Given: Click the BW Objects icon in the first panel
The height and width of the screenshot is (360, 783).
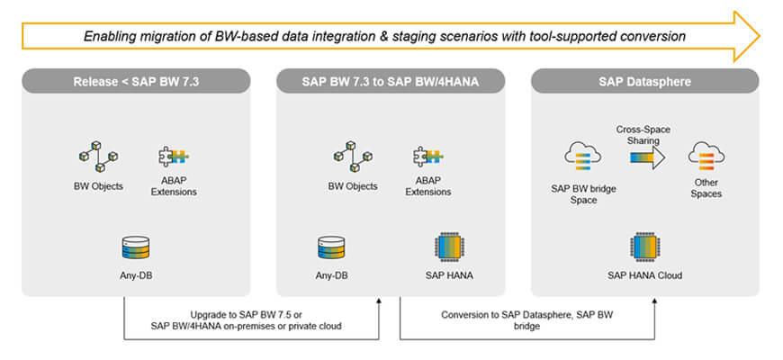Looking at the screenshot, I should coord(98,159).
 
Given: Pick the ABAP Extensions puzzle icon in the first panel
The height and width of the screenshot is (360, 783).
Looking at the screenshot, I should coord(174,157).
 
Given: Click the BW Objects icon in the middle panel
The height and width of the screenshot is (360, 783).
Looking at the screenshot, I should coord(352,159).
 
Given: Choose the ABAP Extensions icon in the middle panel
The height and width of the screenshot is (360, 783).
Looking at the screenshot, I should coord(427,157).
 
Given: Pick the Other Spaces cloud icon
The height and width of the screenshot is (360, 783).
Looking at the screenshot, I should coord(706,158).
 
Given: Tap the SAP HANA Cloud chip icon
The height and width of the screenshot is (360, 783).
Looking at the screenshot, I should coord(644,246).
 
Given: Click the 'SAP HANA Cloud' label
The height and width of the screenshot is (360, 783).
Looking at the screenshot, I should coord(644,275).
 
